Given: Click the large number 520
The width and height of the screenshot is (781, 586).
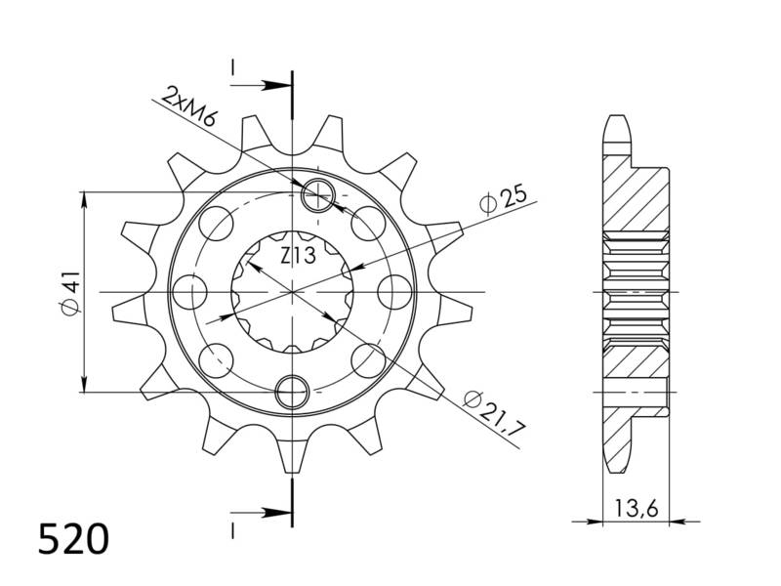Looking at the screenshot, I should pos(73,539).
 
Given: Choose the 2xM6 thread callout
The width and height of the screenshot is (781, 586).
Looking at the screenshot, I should pos(190,106).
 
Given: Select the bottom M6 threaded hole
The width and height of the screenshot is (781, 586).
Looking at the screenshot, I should pos(292,392).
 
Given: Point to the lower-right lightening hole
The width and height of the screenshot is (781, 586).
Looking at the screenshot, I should pos(368,359).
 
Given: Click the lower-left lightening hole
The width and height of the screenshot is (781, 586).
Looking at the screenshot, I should pos(217,359).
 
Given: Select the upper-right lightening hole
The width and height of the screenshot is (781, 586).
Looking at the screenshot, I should pos(368,225).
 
